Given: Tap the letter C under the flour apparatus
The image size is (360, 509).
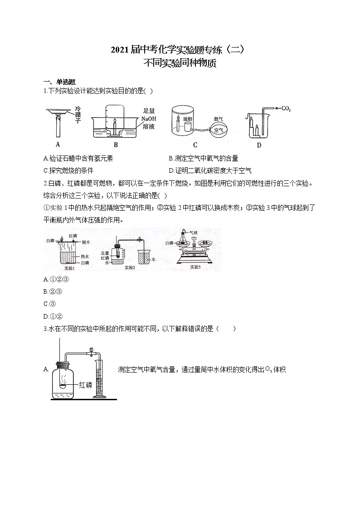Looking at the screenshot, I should tap(195, 145).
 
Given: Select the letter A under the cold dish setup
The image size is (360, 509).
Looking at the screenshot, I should tap(58, 145).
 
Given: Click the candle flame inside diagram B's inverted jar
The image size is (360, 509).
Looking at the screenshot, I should tap(115, 121).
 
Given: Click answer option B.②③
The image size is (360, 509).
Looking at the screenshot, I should tap(52, 291).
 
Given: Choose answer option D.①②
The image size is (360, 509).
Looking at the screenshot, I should tap(52, 316).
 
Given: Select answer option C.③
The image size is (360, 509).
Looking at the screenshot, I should tap(49, 304).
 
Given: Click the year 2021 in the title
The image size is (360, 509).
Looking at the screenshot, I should tap(120, 50).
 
